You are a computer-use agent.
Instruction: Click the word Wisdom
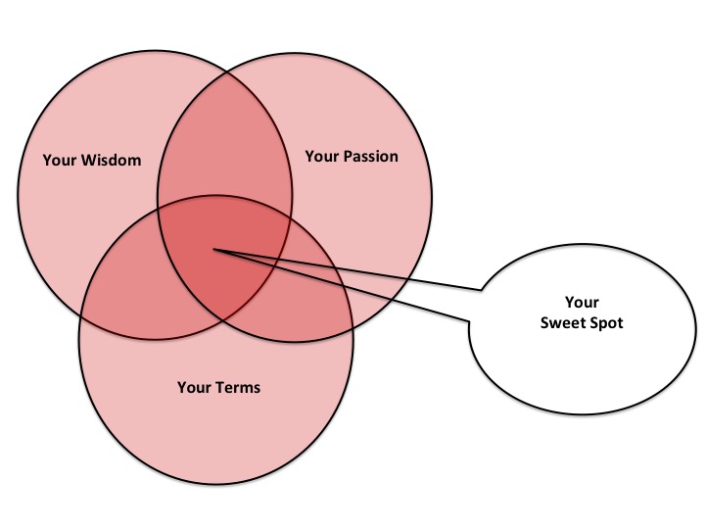click(113, 159)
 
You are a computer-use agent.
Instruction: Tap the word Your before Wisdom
click(59, 159)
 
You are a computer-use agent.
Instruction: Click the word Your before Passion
click(320, 156)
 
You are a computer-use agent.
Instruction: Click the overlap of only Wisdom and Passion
click(225, 142)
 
